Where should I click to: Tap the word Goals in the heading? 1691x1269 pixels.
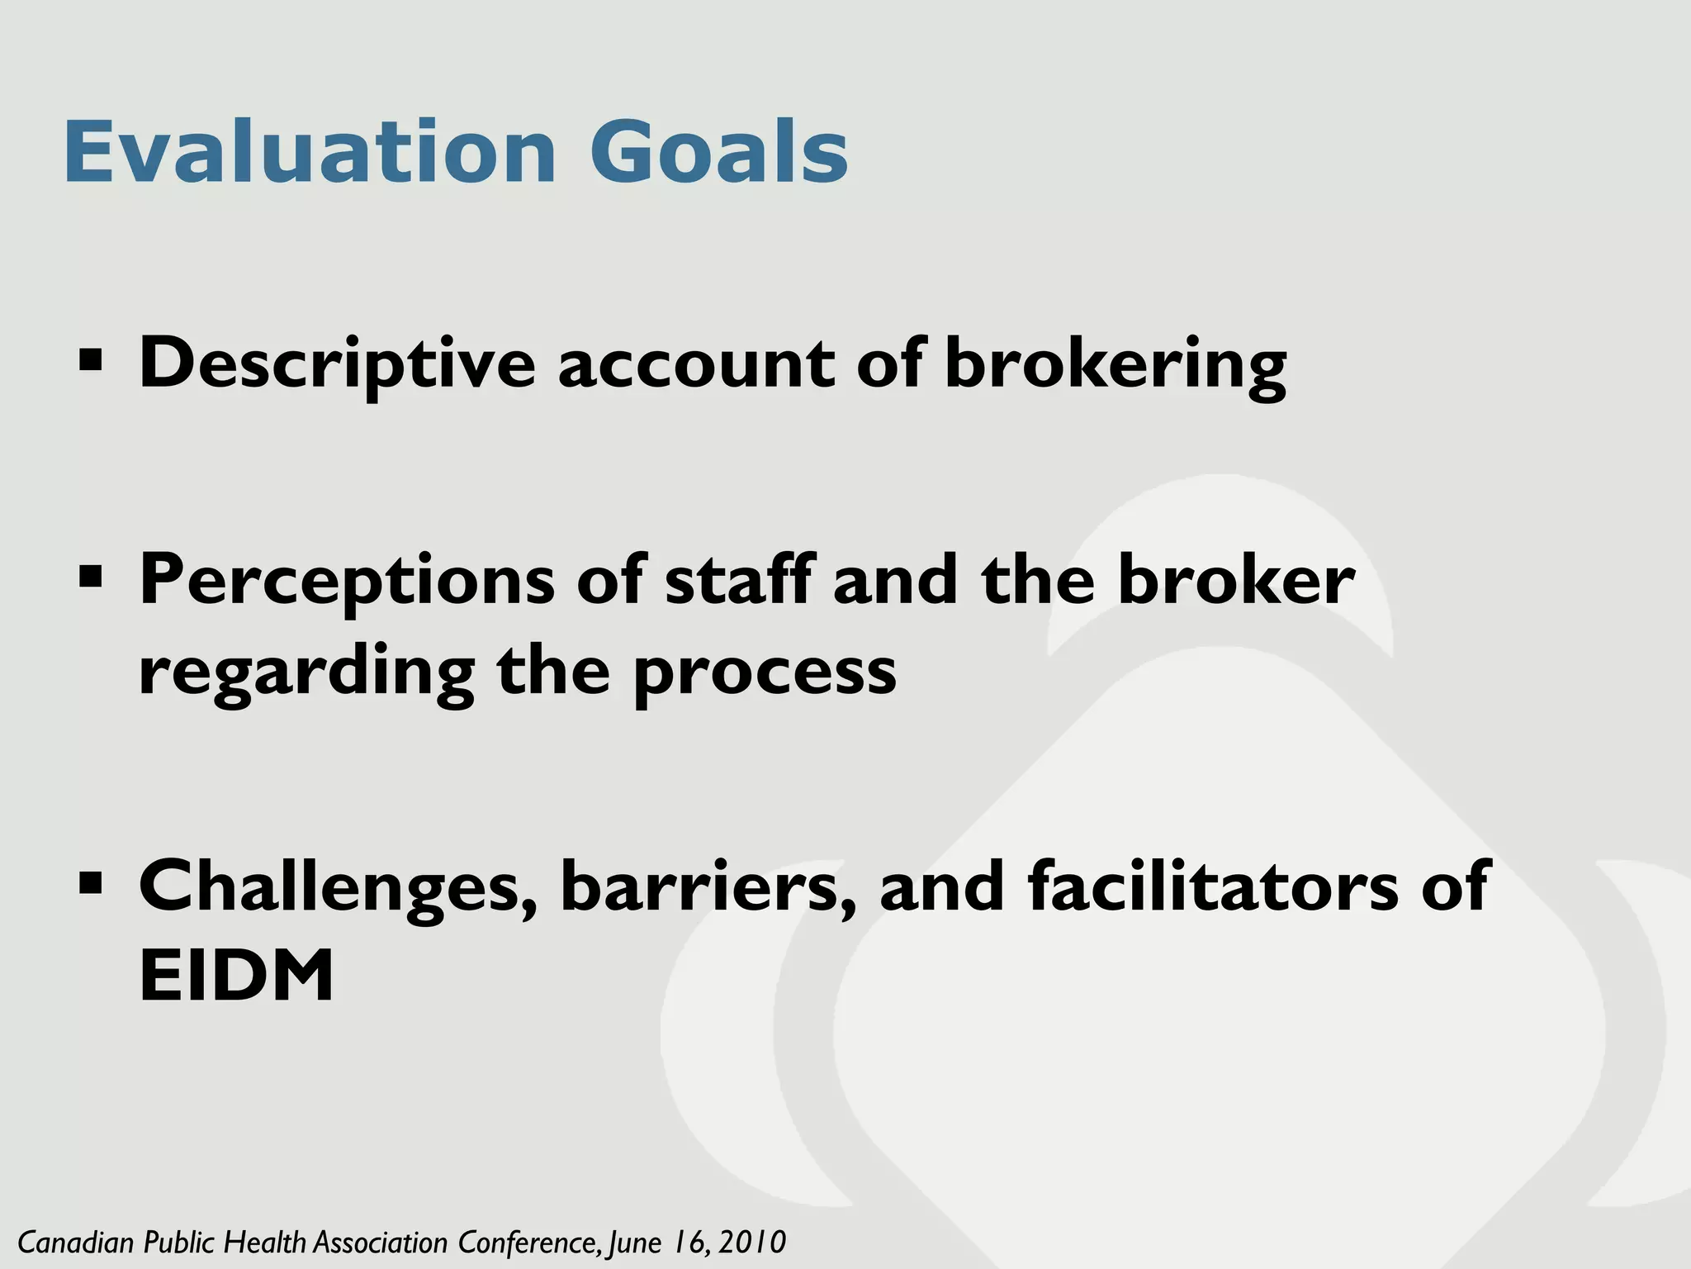click(x=718, y=153)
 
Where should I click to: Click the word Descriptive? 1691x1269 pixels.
click(x=337, y=364)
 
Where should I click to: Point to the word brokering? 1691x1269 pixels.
click(x=1115, y=364)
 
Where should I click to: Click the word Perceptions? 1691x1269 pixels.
click(x=347, y=580)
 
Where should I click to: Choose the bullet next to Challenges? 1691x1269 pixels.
click(x=90, y=882)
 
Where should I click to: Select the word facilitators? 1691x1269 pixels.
click(x=1213, y=886)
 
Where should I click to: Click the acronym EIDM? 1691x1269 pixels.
click(x=236, y=976)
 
